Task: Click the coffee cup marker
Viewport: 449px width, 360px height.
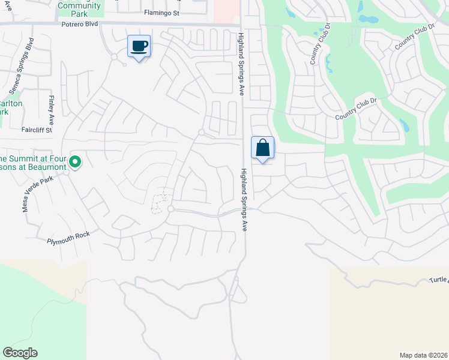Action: [139, 46]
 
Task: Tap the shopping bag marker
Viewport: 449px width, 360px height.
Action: [262, 148]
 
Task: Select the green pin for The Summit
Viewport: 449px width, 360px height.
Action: [75, 161]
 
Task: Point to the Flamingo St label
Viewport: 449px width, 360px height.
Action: [162, 13]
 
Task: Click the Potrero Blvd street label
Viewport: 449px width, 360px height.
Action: [79, 25]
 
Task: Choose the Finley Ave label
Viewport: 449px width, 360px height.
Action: [52, 107]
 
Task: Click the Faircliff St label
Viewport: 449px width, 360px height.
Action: [37, 130]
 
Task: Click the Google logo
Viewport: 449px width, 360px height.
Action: [20, 353]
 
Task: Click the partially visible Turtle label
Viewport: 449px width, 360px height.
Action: [439, 280]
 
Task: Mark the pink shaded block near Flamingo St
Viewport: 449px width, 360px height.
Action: [226, 10]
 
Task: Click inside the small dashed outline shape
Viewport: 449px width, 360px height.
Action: [159, 204]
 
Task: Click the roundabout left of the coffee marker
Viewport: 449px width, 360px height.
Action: [113, 56]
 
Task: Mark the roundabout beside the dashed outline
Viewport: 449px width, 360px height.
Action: [171, 209]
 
